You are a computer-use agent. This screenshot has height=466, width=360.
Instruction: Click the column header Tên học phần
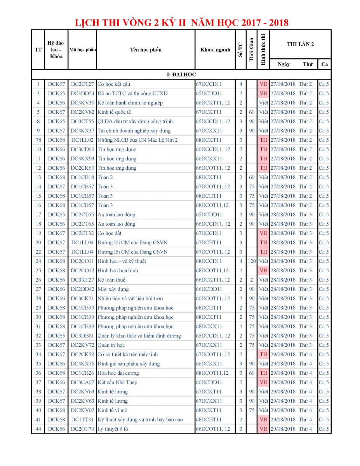point(146,50)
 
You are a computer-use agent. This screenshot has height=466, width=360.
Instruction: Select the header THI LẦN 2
point(300,44)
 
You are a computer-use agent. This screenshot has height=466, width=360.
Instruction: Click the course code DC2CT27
point(82,84)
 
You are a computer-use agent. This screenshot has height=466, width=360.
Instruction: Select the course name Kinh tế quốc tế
point(114,112)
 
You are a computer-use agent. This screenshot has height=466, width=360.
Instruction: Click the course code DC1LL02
point(82,140)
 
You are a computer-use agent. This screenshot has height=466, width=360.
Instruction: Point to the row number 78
point(38,140)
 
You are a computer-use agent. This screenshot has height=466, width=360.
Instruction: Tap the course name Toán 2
point(105,177)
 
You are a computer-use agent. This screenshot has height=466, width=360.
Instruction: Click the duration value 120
point(252,261)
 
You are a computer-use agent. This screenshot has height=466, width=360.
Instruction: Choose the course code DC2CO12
point(82,271)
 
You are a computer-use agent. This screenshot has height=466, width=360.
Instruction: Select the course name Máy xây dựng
point(113,289)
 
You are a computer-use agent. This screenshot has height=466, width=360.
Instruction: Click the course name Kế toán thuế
point(111,280)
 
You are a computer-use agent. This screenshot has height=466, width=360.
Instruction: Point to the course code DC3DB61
point(82,336)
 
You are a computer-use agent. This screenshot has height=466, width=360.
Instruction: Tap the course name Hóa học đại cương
point(118,373)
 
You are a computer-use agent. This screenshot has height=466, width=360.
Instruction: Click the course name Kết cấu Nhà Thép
point(117,383)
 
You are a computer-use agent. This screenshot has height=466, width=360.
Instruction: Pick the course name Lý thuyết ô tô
point(113,429)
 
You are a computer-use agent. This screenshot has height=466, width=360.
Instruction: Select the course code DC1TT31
point(82,420)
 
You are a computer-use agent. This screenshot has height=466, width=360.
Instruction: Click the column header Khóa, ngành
point(215,50)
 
